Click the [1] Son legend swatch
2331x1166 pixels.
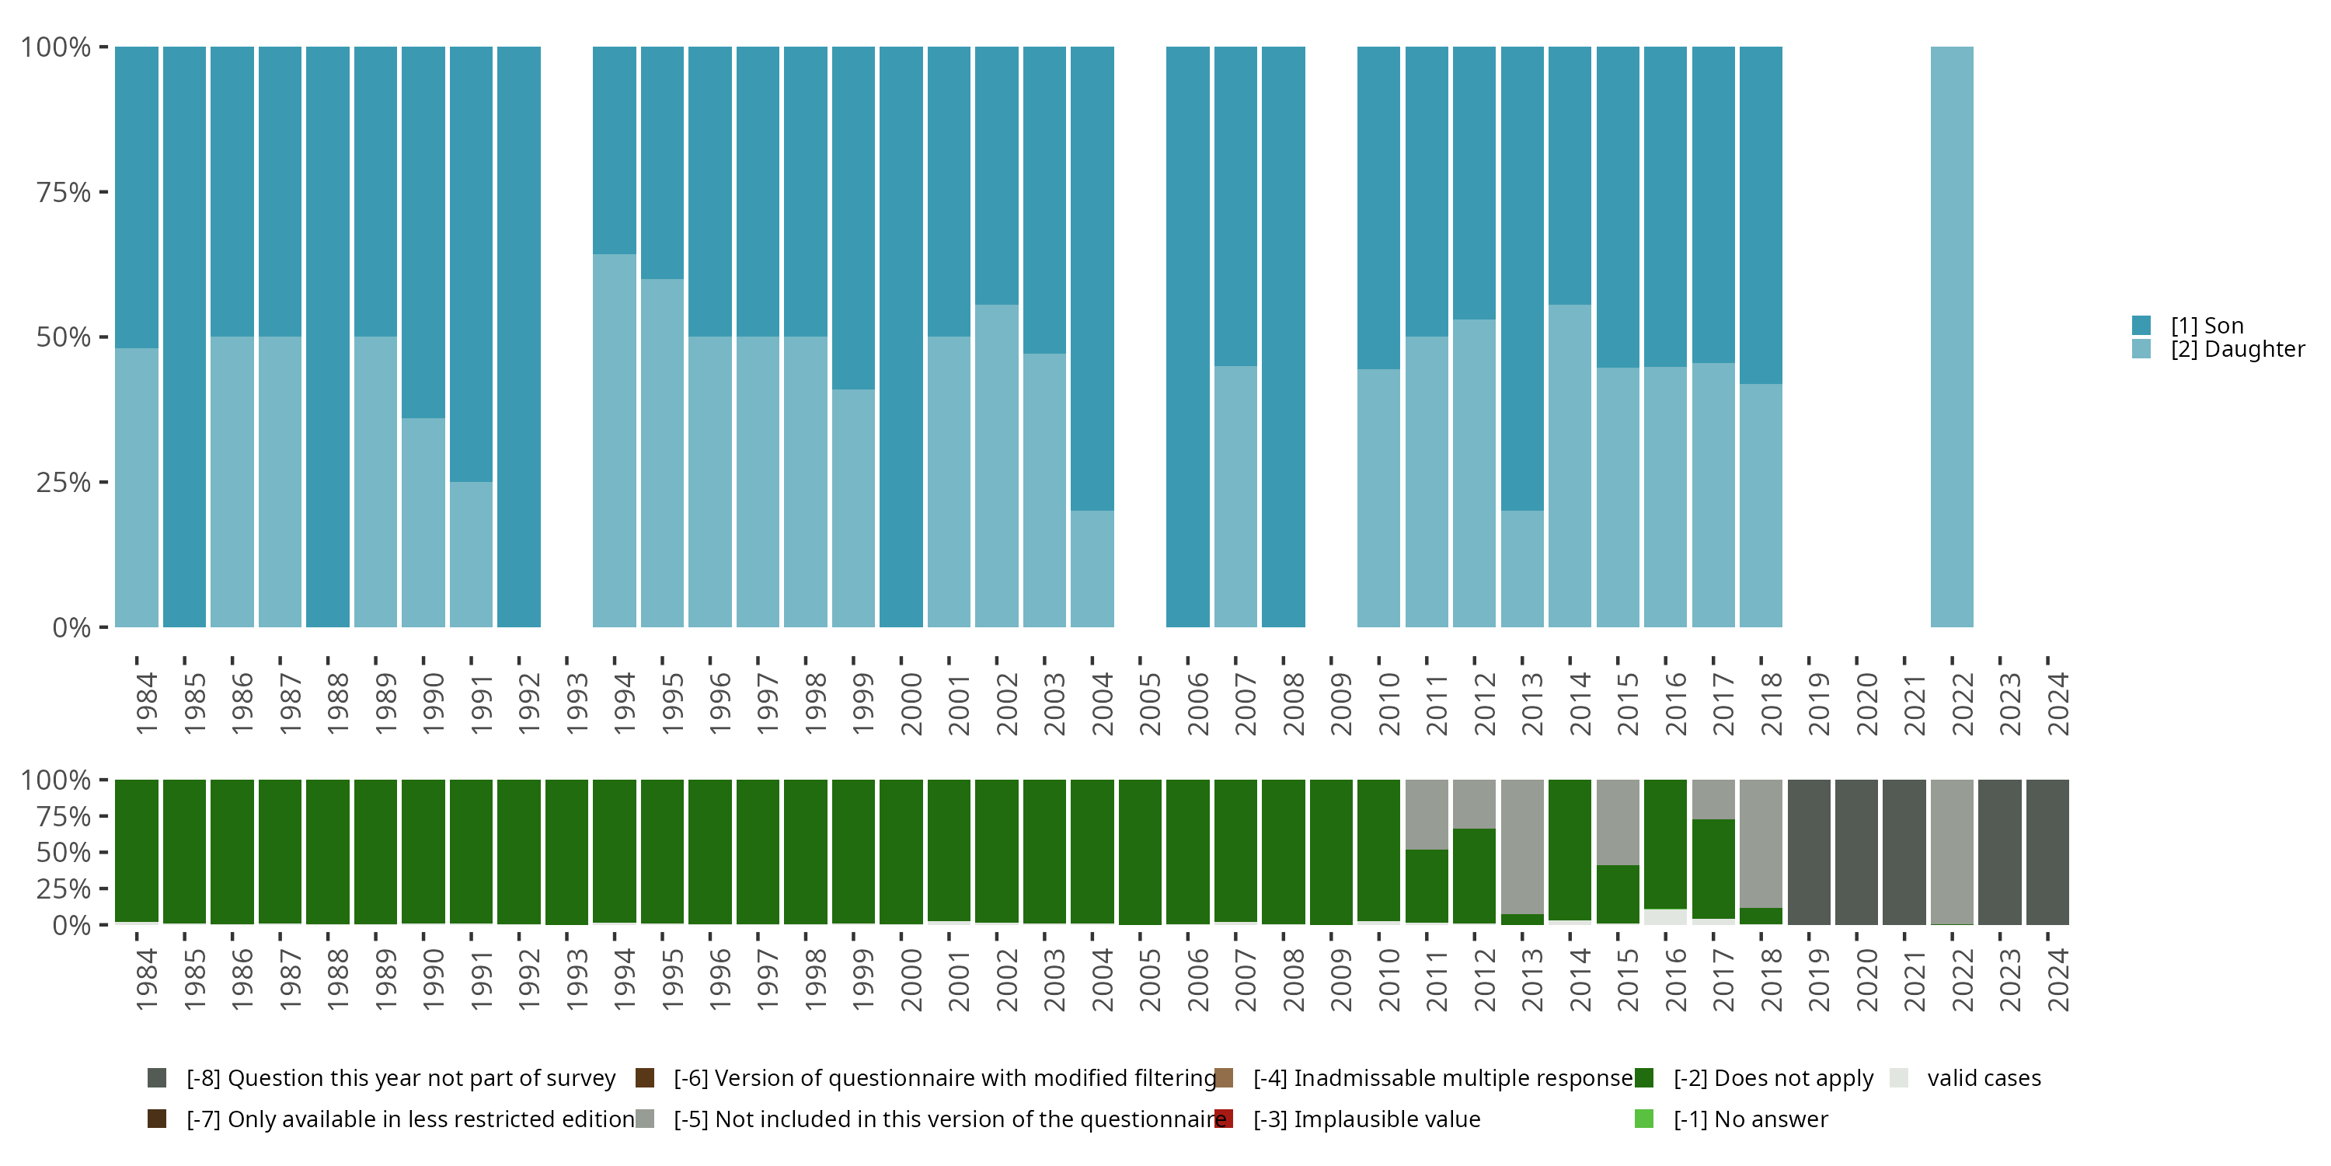tap(2141, 325)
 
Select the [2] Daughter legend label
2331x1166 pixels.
tap(2237, 350)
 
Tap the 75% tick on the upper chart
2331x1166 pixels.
tap(64, 192)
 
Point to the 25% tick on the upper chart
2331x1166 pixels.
tap(64, 483)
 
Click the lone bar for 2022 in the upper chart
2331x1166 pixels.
tap(1952, 337)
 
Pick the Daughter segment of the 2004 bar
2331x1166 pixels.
tap(1092, 568)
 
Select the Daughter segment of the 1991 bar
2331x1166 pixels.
tap(472, 554)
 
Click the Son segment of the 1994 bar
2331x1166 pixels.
tap(615, 150)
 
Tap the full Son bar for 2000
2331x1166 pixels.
tap(901, 337)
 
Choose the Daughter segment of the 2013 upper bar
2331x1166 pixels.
tap(1522, 568)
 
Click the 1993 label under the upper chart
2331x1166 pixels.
tap(577, 703)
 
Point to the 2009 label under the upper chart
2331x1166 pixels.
tap(1341, 703)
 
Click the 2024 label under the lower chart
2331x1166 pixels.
tap(2057, 979)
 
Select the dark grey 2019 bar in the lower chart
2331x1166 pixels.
tap(1809, 852)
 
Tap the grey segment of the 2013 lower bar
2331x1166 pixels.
tap(1522, 847)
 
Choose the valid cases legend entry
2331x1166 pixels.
tap(1984, 1078)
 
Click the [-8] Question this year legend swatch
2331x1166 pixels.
tap(156, 1078)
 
